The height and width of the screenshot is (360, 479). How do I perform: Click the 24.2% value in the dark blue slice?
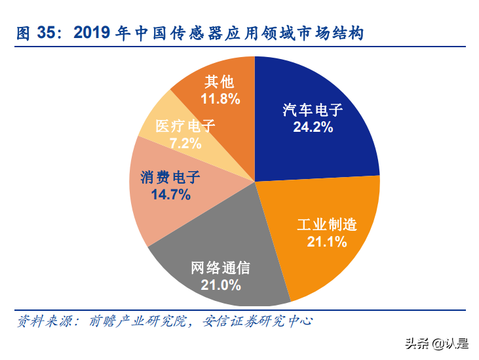313,127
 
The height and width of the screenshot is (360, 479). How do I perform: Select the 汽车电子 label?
313,110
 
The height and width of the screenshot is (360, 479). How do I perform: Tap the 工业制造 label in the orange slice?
327,225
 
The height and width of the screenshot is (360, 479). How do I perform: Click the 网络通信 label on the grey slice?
220,268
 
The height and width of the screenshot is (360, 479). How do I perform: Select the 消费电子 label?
170,177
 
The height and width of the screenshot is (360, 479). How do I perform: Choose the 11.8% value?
220,99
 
